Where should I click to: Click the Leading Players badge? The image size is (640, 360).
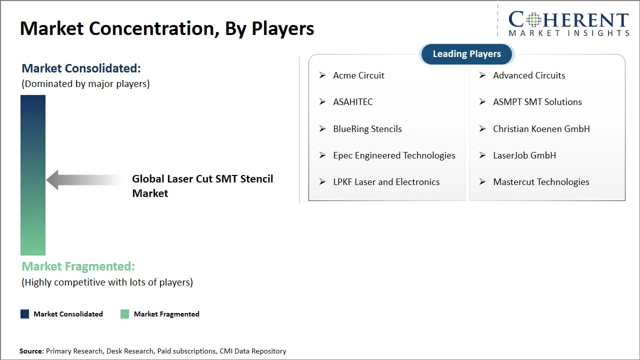coord(466,54)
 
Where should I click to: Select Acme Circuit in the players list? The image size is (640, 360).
coord(358,75)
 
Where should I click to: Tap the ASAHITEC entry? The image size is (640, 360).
coord(353,102)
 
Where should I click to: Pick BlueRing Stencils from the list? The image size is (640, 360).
coord(367,129)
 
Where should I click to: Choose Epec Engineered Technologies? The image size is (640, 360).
coord(394,155)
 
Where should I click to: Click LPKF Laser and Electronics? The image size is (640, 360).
coord(386,182)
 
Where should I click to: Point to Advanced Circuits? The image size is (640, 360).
coord(529,75)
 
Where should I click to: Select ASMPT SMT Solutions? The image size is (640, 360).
coord(537,102)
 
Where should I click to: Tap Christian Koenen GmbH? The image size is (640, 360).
coord(541,129)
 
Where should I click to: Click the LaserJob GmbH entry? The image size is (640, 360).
coord(524,155)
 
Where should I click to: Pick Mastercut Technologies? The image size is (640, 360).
coord(541,182)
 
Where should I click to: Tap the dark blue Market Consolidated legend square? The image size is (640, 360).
coord(24,314)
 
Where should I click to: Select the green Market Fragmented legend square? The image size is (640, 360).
coord(125,314)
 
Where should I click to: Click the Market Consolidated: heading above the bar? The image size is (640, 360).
coord(81,68)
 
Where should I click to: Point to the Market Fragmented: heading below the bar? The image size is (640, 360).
coord(78,266)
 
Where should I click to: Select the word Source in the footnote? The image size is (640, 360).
coord(31,351)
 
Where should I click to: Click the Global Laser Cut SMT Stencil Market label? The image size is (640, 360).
coord(202,186)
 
